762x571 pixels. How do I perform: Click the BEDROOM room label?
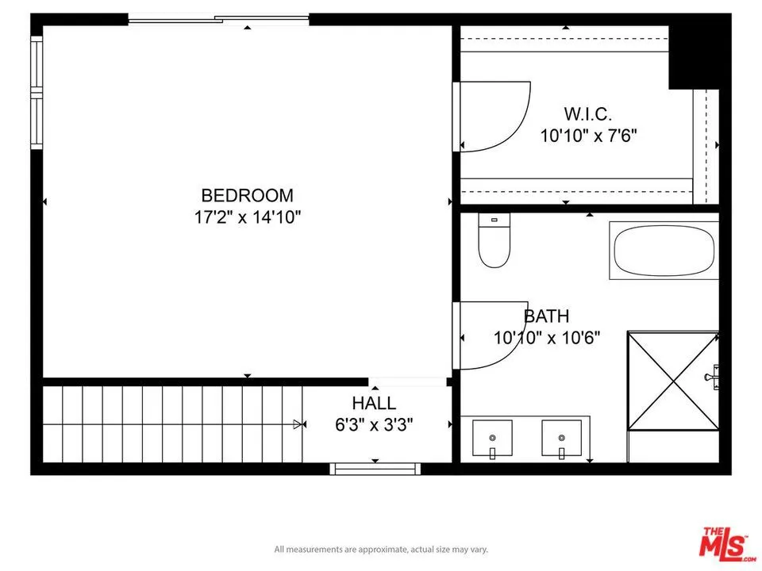pos(247,195)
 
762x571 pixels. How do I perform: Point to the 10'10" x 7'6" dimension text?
pos(588,136)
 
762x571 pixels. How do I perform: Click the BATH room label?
pos(546,316)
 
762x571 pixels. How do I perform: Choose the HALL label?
pos(374,404)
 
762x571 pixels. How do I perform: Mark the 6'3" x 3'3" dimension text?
pos(374,424)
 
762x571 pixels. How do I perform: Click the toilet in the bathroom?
pos(493,241)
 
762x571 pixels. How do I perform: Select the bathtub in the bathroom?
pos(664,250)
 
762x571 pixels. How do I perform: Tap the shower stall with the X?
pos(672,381)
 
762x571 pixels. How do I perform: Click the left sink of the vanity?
pos(492,439)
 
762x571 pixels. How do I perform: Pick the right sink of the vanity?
pos(562,439)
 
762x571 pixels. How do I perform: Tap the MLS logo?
pos(723,542)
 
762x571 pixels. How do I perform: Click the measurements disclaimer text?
pos(381,549)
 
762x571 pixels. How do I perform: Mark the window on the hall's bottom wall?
pos(375,469)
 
